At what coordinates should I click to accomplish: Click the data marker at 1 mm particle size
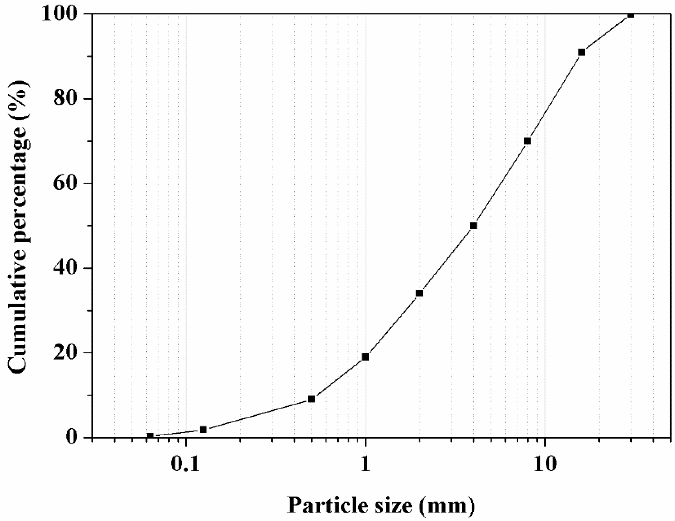pos(365,357)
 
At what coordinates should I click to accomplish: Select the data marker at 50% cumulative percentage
pos(473,226)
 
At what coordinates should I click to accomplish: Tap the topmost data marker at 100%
pos(631,14)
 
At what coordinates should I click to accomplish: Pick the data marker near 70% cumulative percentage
pos(528,141)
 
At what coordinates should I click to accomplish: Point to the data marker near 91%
pos(581,52)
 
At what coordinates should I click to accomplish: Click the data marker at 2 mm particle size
pos(419,293)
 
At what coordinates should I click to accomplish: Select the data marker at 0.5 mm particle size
pos(312,399)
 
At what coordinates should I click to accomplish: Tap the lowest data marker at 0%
pos(150,436)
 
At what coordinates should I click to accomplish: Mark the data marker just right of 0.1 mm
pos(203,429)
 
